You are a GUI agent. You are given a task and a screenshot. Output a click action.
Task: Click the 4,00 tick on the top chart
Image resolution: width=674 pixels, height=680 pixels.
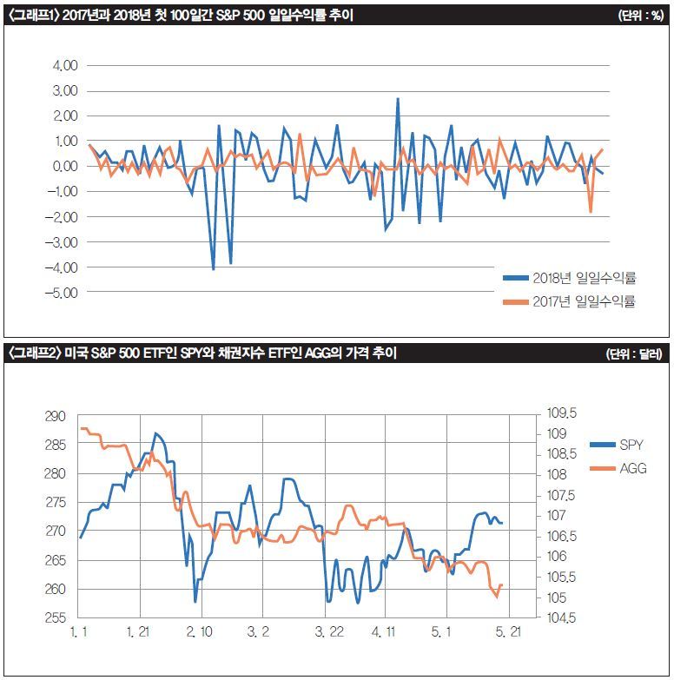tap(65, 66)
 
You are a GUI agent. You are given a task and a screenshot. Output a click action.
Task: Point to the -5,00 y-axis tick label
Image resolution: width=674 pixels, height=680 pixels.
tap(63, 294)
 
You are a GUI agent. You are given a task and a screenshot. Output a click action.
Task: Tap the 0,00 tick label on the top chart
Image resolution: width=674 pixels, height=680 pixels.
tap(65, 167)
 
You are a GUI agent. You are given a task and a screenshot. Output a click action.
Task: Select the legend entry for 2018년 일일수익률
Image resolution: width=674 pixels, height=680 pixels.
tap(570, 278)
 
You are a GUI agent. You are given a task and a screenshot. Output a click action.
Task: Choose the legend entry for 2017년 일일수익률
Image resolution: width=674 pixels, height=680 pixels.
tap(570, 302)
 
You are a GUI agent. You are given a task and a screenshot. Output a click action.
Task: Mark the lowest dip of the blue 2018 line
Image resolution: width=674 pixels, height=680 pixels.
tap(213, 269)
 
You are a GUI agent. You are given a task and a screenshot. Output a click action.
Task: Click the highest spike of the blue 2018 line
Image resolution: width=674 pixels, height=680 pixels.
tap(398, 99)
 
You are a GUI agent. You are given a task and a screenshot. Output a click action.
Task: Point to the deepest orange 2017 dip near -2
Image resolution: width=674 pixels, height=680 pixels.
tap(591, 211)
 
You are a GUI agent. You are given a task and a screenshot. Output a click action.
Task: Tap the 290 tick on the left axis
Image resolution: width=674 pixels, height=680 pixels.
tap(54, 417)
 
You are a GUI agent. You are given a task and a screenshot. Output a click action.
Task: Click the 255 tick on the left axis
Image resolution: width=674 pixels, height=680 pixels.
tap(54, 618)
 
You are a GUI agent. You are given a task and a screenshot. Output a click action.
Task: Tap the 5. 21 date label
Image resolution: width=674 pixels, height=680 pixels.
tap(507, 634)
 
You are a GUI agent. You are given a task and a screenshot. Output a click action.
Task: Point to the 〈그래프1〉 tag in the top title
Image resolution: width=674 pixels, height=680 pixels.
tap(31, 15)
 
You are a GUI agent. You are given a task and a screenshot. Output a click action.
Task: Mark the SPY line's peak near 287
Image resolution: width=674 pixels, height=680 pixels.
tap(155, 432)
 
